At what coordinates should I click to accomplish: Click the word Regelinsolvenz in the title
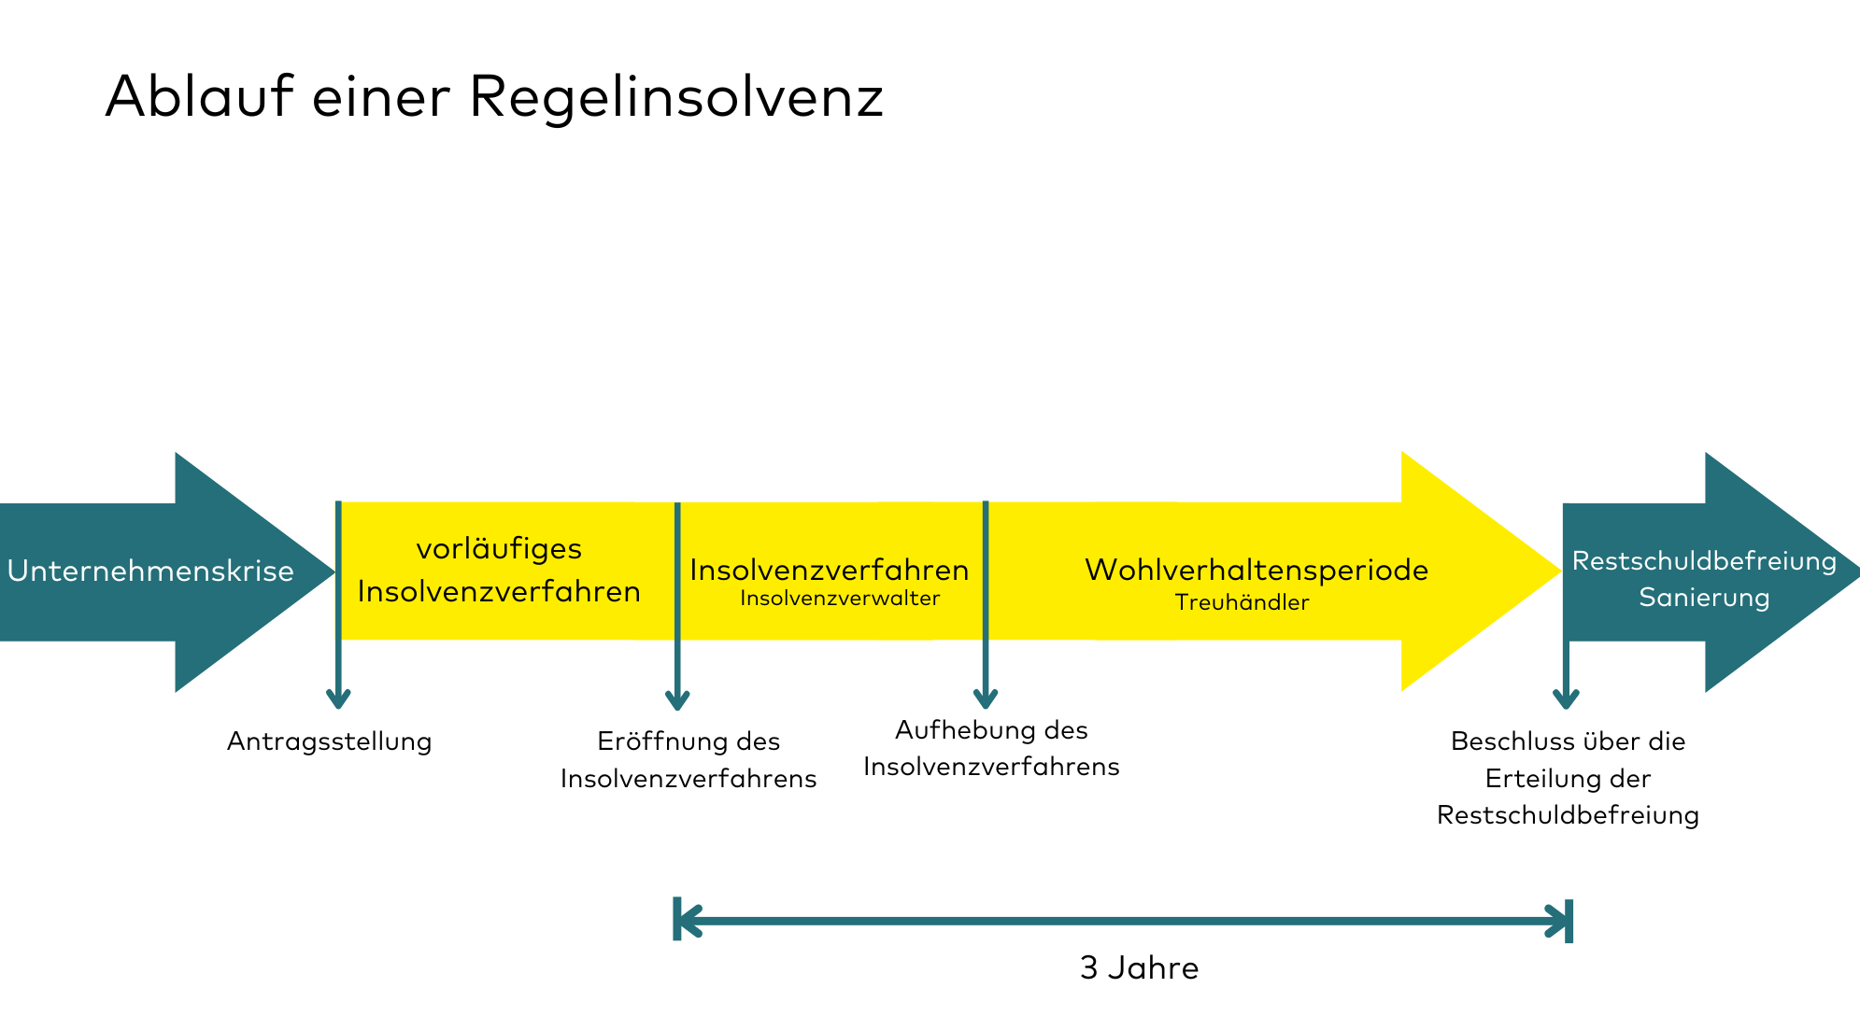pos(675,97)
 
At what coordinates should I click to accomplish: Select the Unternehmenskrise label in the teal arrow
pos(150,571)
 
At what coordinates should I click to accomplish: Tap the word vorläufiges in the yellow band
pos(499,549)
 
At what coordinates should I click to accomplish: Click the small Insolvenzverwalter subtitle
pos(840,599)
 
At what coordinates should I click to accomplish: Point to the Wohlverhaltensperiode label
pos(1256,570)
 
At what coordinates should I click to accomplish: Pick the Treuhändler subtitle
pos(1242,603)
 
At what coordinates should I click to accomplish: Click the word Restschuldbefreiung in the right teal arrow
pos(1704,561)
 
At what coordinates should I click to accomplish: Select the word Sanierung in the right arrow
pos(1704,598)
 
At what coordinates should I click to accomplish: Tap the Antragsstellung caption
pos(329,741)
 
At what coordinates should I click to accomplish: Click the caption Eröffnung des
pos(689,741)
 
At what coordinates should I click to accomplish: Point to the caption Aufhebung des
pos(991,729)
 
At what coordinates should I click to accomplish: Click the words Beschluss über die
pos(1568,741)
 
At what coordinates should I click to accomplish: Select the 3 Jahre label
pos(1139,967)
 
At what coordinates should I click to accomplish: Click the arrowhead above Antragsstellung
pos(338,698)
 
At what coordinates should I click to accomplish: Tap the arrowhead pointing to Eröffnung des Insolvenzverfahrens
pos(677,699)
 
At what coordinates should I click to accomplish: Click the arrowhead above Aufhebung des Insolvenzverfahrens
pos(986,698)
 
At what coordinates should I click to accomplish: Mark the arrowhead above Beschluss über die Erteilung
pos(1566,698)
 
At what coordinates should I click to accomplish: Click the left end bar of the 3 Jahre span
pos(677,920)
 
